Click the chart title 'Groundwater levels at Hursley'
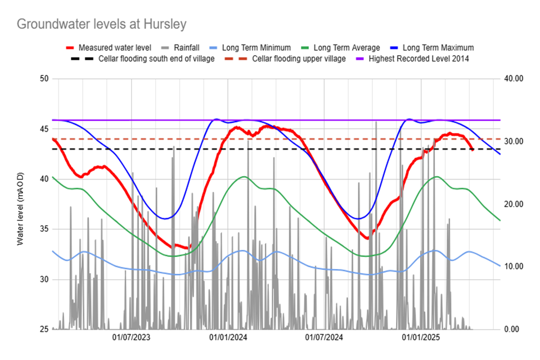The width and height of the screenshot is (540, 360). [101, 24]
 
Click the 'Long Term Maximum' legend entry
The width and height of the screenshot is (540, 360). [439, 48]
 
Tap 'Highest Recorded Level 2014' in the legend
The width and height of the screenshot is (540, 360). [418, 58]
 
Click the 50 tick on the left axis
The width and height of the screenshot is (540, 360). [43, 79]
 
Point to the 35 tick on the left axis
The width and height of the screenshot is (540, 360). [43, 229]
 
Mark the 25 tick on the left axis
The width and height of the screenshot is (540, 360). [43, 329]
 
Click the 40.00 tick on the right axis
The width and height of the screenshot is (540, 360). [514, 79]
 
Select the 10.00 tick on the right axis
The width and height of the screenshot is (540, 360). [514, 267]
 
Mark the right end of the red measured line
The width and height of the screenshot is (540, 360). [472, 150]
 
